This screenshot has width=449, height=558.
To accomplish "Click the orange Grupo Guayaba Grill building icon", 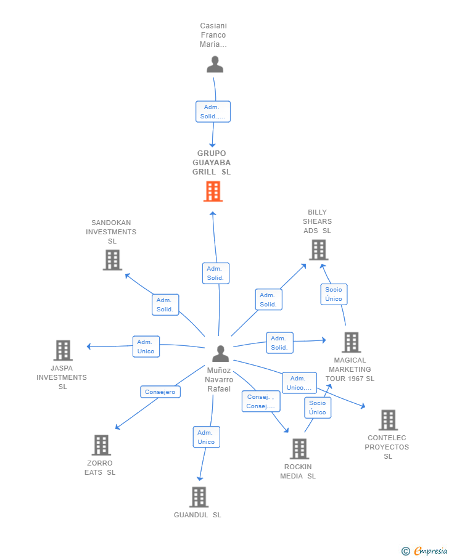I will coord(213,192).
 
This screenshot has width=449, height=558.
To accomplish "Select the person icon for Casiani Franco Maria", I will coord(215,65).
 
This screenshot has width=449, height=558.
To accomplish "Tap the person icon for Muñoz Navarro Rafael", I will coord(220,354).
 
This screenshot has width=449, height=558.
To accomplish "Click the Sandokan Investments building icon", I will coord(112,260).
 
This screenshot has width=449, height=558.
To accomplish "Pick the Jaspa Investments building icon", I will coord(63,350).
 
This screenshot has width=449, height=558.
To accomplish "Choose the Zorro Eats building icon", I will coord(101,445).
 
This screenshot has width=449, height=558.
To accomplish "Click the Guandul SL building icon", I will coord(199,497).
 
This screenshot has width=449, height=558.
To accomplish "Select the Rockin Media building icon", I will coord(299,449).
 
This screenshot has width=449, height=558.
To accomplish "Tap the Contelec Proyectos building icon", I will coord(388,420).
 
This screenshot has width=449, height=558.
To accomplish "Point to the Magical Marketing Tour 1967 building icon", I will coord(351,342).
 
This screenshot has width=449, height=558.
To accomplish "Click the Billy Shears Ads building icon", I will coord(318,250).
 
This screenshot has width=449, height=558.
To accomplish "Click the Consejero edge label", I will coord(160,392).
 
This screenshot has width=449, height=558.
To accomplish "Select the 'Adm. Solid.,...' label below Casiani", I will coord(213,112).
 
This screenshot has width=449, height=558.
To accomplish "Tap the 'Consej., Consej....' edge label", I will coord(260,401).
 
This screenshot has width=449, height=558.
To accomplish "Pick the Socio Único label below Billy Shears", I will coord(334,294).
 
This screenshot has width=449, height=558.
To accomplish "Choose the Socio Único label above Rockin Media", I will coord(318,408).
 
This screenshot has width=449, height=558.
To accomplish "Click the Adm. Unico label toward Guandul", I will coord(206,437).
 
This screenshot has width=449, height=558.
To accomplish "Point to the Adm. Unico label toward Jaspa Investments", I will coord(146,347).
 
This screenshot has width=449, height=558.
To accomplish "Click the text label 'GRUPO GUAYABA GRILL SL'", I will coord(212,163).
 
